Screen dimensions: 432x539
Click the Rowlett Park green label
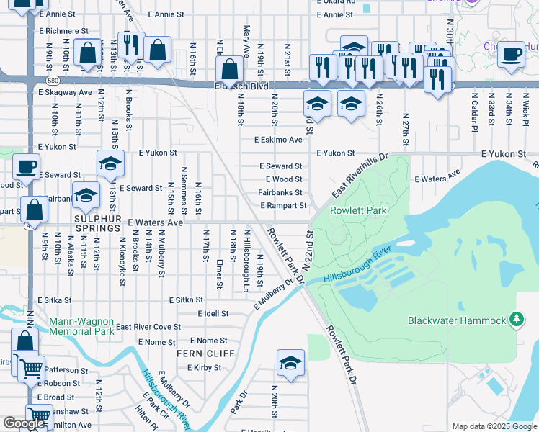tap(358, 211)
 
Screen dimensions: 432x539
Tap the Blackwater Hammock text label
tap(458, 320)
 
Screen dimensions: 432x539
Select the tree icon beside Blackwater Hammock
tap(516, 319)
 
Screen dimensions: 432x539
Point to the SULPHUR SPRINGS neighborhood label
tap(97, 228)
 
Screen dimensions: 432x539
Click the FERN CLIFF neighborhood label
tap(206, 354)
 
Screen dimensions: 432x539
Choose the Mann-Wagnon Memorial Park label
tap(81, 326)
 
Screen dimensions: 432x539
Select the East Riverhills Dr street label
tap(360, 176)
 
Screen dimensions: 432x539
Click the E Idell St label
tap(213, 314)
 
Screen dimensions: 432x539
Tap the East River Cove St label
tap(148, 327)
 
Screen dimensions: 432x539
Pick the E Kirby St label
tap(203, 368)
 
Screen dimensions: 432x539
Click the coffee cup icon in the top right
tap(512, 53)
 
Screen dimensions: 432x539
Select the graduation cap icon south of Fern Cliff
tap(290, 364)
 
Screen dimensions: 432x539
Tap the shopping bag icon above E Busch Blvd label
tap(229, 71)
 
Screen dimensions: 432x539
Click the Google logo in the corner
tap(24, 423)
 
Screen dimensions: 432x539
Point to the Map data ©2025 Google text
tap(494, 426)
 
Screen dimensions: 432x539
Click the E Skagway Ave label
tap(65, 92)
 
